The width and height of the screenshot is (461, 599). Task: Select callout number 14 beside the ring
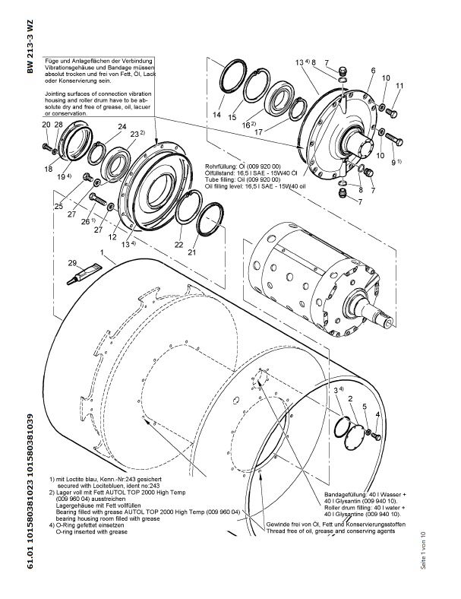pyautogui.click(x=217, y=116)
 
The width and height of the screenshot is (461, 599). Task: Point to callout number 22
pyautogui.click(x=179, y=245)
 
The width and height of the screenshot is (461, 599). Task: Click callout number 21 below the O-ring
pyautogui.click(x=192, y=252)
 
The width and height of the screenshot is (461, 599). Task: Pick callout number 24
pyautogui.click(x=122, y=126)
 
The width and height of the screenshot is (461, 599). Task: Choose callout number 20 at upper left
pyautogui.click(x=46, y=124)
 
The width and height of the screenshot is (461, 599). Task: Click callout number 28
pyautogui.click(x=58, y=124)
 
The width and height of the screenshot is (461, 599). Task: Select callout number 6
pyautogui.click(x=373, y=70)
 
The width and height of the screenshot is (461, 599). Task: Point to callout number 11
pyautogui.click(x=399, y=86)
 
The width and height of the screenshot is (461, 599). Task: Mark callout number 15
pyautogui.click(x=232, y=119)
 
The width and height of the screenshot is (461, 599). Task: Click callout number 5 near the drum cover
pyautogui.click(x=364, y=407)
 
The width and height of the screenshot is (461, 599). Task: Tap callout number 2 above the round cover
pyautogui.click(x=350, y=398)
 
